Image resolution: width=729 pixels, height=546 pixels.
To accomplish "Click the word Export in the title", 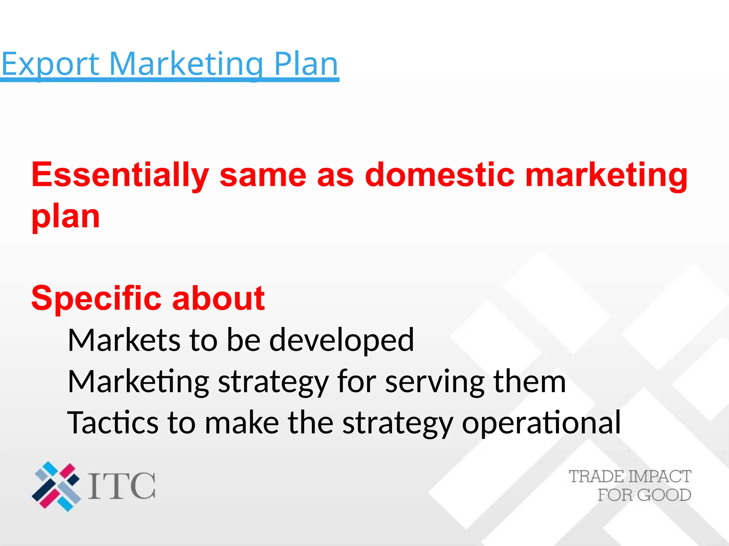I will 50,64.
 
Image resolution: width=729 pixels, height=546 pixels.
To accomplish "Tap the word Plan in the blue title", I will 306,64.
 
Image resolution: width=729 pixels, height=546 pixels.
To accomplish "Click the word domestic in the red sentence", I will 440,175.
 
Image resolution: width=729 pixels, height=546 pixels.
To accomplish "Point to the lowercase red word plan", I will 65,217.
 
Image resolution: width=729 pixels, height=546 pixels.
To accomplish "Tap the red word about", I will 218,298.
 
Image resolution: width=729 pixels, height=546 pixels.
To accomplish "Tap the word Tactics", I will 112,423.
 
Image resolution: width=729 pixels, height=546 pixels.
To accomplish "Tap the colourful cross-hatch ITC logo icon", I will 56,486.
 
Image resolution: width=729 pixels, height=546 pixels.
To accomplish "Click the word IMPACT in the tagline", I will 660,477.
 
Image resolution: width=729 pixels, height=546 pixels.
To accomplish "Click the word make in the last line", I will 242,423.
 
